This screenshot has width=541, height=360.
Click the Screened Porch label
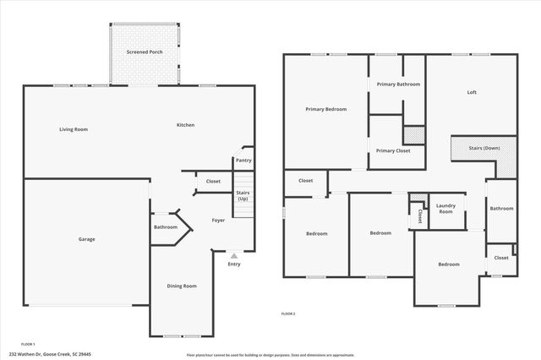click(x=145, y=52)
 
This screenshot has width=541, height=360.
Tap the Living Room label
click(x=74, y=129)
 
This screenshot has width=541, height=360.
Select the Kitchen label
click(x=185, y=125)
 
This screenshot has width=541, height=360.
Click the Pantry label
click(x=243, y=160)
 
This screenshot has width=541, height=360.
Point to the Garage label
click(x=86, y=239)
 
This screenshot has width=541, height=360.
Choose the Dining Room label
click(x=181, y=286)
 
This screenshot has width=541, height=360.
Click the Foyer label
click(x=218, y=221)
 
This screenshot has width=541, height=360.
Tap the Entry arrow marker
click(x=234, y=255)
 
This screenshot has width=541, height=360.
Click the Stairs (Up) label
click(x=243, y=195)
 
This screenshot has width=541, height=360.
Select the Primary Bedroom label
click(x=325, y=109)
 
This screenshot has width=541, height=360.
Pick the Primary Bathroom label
click(x=398, y=85)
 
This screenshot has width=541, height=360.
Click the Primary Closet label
click(x=393, y=150)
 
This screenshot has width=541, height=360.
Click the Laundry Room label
click(x=445, y=209)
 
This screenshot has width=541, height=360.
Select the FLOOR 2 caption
click(x=288, y=314)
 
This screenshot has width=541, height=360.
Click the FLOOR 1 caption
click(x=28, y=344)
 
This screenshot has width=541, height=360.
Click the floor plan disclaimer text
click(x=260, y=355)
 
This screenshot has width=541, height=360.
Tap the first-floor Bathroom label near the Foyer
click(x=166, y=226)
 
